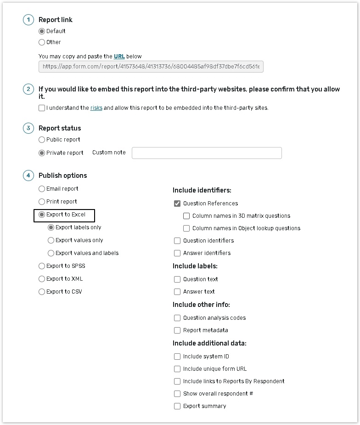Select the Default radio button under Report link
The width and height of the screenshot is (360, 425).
point(42,31)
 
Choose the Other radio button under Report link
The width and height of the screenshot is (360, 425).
point(42,42)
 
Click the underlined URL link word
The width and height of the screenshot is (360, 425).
point(119,57)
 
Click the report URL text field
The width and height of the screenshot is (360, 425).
point(151,67)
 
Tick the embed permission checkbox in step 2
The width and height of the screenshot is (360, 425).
point(42,108)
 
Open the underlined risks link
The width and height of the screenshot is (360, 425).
point(96,108)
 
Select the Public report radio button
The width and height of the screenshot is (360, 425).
point(42,140)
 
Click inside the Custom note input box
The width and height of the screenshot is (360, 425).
point(207,153)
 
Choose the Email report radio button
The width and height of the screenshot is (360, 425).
point(42,189)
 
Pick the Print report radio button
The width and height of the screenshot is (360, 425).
point(42,202)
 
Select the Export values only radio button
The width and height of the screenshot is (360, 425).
point(51,240)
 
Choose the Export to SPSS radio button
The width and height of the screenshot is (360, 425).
point(42,266)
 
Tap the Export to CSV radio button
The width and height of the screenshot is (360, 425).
point(42,292)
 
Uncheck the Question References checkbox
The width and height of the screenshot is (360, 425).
point(177,204)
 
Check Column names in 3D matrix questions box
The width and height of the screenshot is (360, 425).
point(186,216)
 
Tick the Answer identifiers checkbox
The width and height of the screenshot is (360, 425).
point(177,253)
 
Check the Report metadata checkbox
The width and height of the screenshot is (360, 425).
point(177,330)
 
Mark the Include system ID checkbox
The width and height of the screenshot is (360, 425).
point(177,357)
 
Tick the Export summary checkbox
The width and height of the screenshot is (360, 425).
point(177,406)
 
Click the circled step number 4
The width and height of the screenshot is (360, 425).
point(28,176)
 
